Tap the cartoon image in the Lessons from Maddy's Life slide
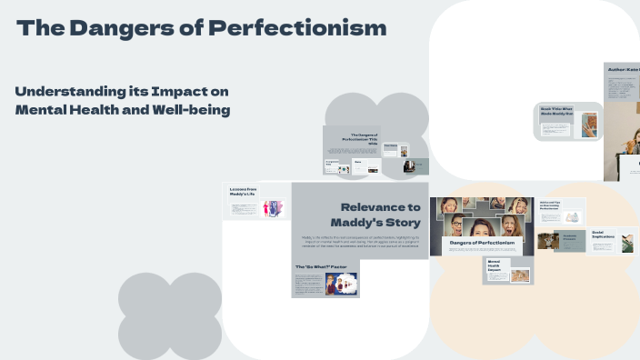point(272,208)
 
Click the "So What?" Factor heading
point(320,266)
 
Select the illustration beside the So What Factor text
point(341,284)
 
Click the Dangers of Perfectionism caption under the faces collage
point(482,243)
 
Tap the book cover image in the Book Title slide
point(589,125)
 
